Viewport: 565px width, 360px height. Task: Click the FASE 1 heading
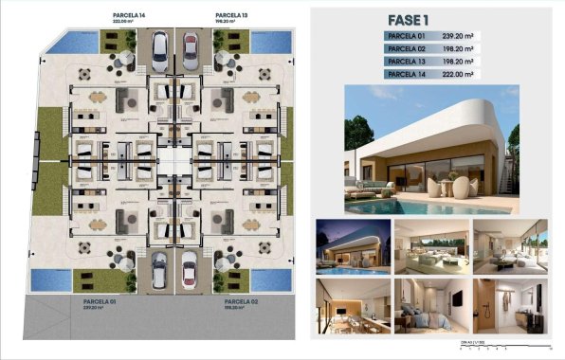(x=409, y=18)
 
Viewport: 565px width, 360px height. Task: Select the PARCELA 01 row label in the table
(x=407, y=36)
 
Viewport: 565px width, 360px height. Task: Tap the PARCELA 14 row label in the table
(x=407, y=73)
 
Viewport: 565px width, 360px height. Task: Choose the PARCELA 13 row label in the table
(x=407, y=61)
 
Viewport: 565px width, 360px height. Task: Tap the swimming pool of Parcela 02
(x=261, y=279)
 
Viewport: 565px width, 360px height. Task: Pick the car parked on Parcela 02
(x=190, y=269)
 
